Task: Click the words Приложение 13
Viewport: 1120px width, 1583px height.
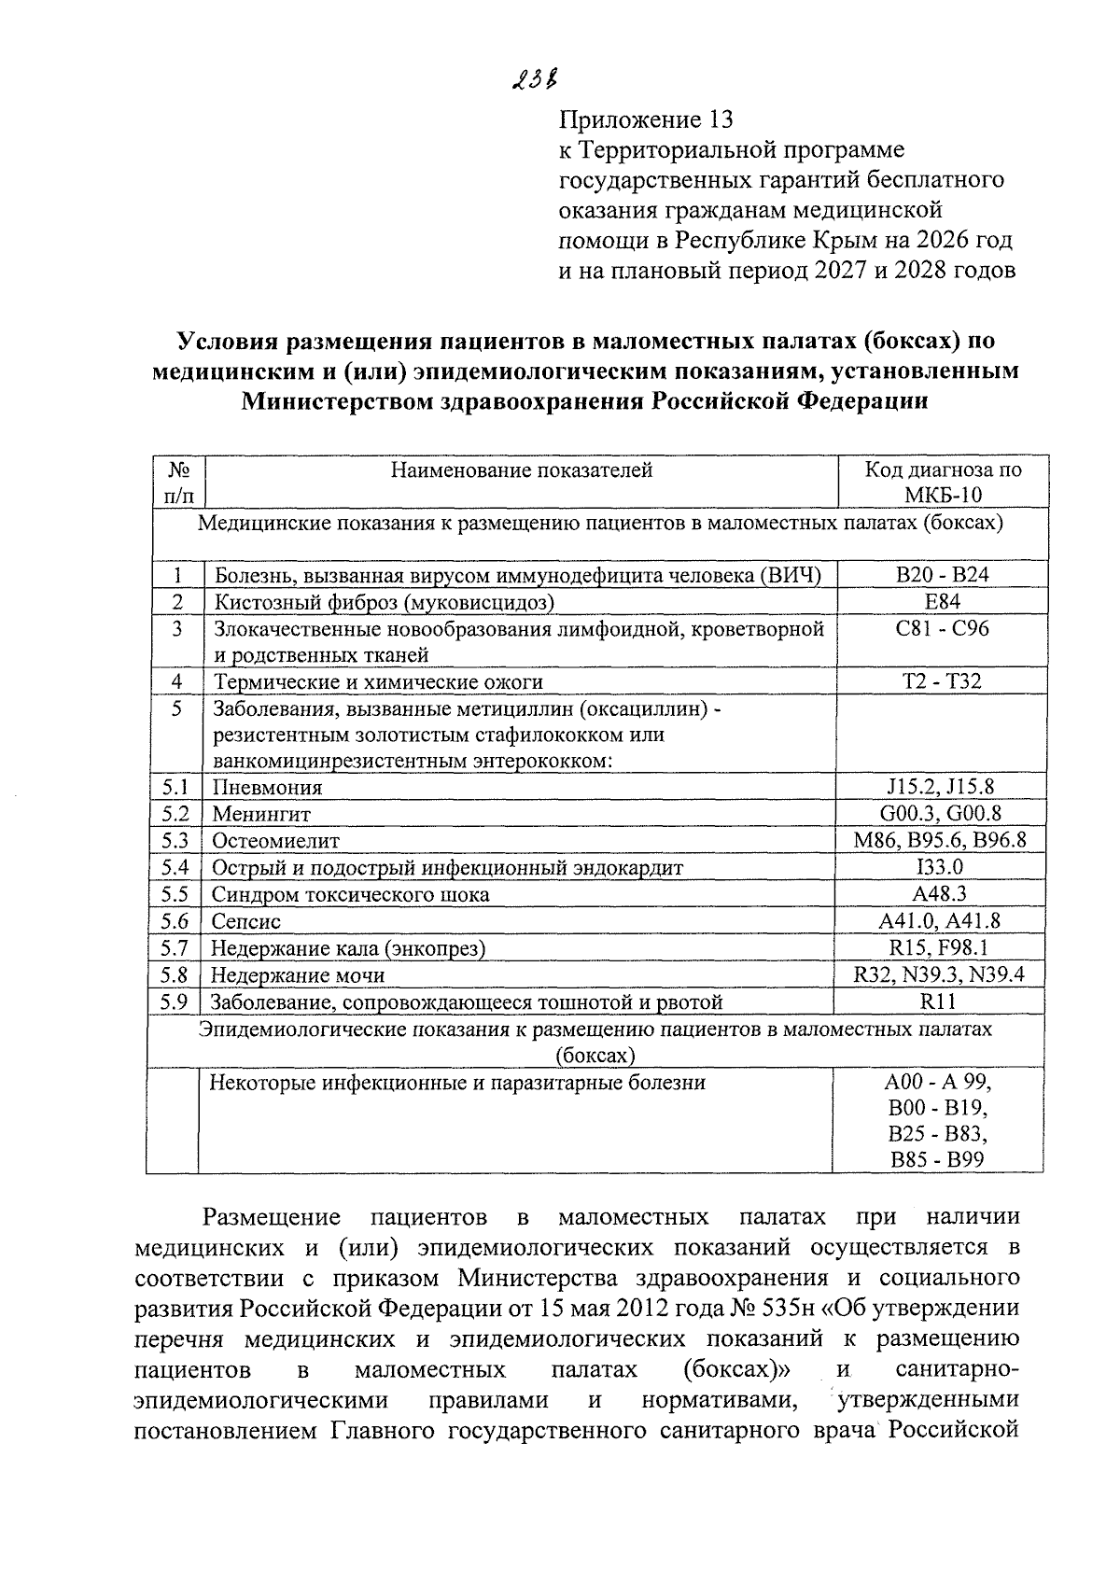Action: click(645, 119)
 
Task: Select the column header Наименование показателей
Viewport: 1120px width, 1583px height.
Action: click(521, 469)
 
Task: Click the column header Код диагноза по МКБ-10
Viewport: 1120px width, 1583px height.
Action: click(942, 482)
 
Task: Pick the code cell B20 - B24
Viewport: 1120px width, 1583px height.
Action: click(941, 574)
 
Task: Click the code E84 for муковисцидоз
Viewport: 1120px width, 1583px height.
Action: click(941, 601)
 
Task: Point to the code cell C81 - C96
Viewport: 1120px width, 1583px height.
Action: click(941, 628)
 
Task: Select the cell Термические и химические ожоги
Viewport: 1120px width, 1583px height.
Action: click(378, 682)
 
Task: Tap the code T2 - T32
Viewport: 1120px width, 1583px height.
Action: click(941, 680)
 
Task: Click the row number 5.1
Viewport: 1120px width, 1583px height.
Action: click(175, 787)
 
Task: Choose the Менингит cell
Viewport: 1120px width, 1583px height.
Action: click(260, 814)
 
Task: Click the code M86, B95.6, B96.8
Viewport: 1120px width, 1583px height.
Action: click(941, 840)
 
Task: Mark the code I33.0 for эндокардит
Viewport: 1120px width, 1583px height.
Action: click(941, 867)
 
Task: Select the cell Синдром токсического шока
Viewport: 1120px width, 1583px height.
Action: click(350, 894)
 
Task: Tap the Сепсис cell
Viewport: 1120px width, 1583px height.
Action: click(245, 921)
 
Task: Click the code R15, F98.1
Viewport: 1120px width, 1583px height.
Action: click(941, 948)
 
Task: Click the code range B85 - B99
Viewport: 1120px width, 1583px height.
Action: click(937, 1160)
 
